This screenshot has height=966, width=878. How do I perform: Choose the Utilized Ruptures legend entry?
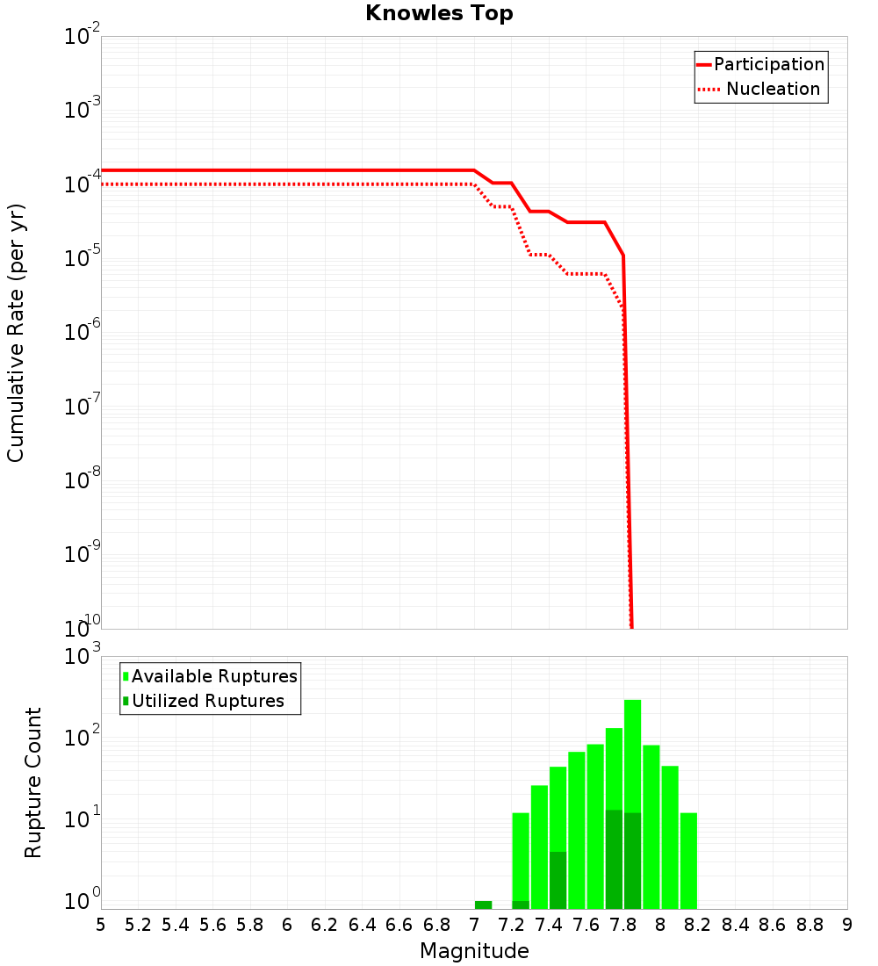[x=207, y=702]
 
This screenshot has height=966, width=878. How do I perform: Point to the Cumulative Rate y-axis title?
[x=16, y=333]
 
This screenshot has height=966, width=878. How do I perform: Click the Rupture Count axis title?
[x=33, y=782]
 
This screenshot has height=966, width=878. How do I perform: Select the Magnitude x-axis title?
[x=474, y=951]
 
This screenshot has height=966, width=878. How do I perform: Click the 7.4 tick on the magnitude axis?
[x=549, y=925]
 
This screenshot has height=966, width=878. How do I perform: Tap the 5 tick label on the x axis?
[x=101, y=925]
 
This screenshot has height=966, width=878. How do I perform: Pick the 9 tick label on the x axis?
[x=847, y=925]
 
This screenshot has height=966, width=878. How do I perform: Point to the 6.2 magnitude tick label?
[x=325, y=925]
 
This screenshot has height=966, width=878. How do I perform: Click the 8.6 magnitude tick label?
[x=773, y=925]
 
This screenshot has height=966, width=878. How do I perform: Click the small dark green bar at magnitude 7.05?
[x=483, y=905]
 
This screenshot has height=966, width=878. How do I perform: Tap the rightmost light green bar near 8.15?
[x=688, y=861]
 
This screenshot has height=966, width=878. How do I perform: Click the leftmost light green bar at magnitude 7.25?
[x=521, y=856]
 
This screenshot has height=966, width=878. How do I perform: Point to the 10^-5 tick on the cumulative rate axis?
[x=83, y=258]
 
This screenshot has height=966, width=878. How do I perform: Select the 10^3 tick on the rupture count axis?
[x=83, y=656]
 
